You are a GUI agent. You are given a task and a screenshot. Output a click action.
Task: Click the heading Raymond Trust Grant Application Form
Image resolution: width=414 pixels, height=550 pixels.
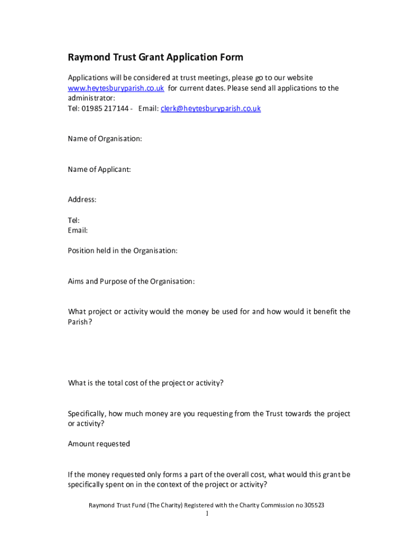coord(155,57)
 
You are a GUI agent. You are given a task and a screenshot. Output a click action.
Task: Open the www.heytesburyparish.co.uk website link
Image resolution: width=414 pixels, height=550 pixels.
coord(116,88)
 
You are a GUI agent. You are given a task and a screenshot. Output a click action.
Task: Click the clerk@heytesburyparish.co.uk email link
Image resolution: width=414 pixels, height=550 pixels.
coord(211,108)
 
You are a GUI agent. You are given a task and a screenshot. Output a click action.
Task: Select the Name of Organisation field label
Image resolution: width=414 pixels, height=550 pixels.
coord(105,139)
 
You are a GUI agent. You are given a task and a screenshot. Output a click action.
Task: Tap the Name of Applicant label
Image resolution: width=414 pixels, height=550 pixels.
coord(99,170)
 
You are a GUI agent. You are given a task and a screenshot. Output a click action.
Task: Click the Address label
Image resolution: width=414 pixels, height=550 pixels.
coord(82,200)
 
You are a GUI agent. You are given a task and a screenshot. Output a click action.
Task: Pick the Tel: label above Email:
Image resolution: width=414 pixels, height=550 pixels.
coord(74,220)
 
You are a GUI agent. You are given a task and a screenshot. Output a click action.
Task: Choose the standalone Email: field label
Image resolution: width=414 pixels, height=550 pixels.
coord(78,230)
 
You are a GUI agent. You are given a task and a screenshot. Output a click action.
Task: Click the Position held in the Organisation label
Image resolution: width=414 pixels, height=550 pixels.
coord(123,251)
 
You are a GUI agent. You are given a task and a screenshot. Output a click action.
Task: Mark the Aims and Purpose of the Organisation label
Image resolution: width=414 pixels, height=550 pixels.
coord(131,281)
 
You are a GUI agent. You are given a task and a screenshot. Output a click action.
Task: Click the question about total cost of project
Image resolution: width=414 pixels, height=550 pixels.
coord(146,383)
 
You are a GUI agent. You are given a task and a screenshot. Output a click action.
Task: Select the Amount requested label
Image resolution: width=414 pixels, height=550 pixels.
coord(99,444)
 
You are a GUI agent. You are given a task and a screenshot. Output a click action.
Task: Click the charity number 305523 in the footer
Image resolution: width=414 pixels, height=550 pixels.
coord(313,505)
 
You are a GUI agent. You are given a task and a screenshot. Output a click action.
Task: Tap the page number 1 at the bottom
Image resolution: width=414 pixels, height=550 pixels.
coord(207,514)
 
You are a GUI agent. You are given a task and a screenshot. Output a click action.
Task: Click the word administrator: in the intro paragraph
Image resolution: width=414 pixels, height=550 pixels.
coord(91,98)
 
